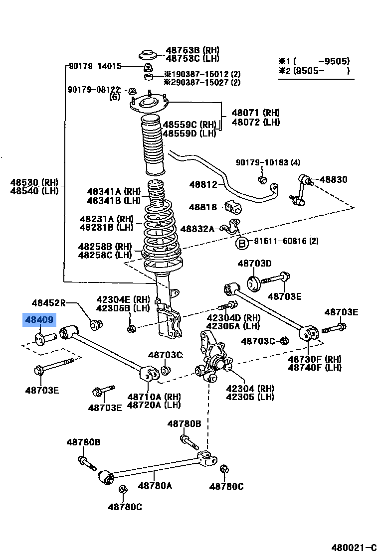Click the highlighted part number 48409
(x=39, y=320)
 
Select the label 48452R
(x=48, y=302)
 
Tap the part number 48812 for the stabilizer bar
(x=203, y=184)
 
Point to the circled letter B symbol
(x=242, y=243)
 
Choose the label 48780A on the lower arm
(x=155, y=485)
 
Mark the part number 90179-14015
(x=95, y=66)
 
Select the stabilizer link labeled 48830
(x=302, y=189)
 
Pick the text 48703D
(x=254, y=263)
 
